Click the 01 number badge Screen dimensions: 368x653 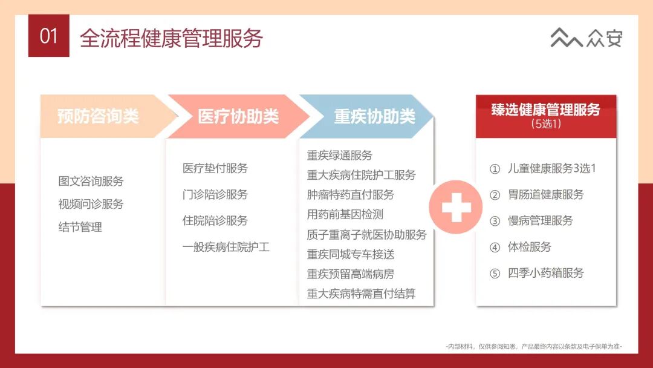(x=48, y=36)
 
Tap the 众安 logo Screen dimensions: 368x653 (x=586, y=38)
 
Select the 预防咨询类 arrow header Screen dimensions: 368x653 (x=98, y=116)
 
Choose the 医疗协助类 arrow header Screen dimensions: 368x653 (x=238, y=116)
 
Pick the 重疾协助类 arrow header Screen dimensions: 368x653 (x=374, y=116)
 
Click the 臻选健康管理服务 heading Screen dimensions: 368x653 (x=545, y=110)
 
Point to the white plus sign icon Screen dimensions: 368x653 (x=456, y=207)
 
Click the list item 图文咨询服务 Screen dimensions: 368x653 (x=91, y=181)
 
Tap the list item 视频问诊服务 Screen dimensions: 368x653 (x=91, y=204)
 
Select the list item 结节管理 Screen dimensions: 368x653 (x=80, y=227)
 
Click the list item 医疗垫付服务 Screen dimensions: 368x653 (x=215, y=168)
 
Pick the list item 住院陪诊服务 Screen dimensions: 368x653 (x=215, y=220)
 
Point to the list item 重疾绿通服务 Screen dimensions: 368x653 (x=340, y=156)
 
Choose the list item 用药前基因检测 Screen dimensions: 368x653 (x=345, y=214)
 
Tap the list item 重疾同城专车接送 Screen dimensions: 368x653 (x=351, y=254)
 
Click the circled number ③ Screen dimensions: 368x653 (x=495, y=221)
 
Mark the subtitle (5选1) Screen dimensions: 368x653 (x=546, y=124)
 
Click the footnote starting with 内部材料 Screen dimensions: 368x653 (x=533, y=346)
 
